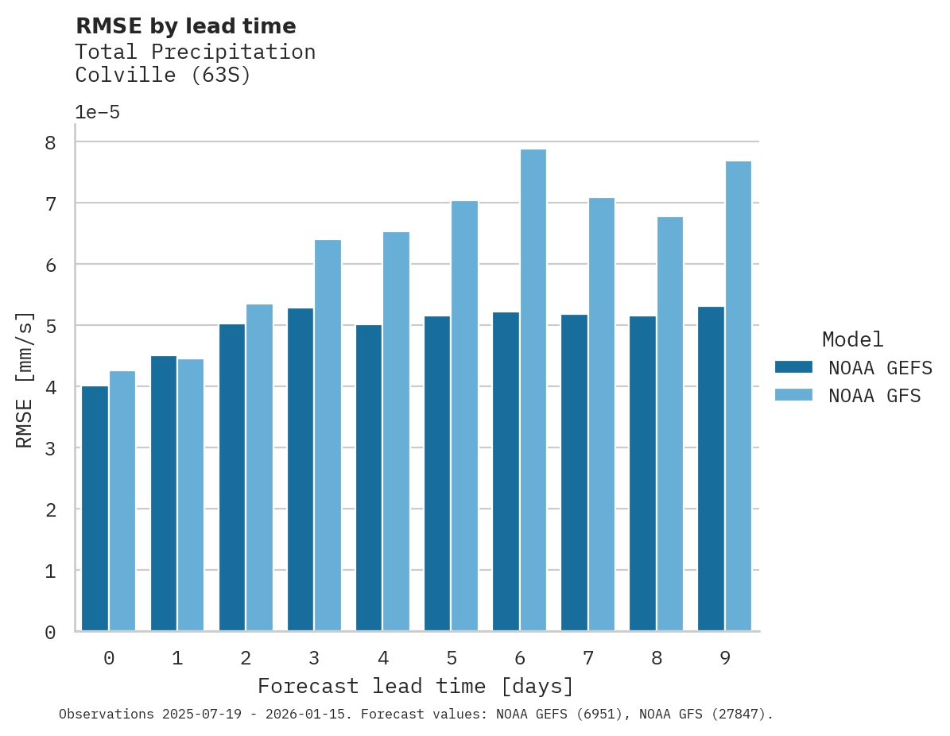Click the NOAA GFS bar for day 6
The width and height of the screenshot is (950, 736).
tap(533, 390)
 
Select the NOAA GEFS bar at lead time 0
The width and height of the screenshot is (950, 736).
tap(95, 509)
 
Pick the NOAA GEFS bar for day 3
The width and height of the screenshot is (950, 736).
tap(301, 470)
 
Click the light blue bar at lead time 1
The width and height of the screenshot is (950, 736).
tap(191, 495)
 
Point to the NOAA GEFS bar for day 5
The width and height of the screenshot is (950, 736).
tap(437, 474)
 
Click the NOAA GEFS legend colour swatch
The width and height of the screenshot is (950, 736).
tap(793, 366)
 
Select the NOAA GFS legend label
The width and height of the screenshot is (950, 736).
tap(874, 396)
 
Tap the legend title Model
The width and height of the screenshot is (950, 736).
tap(852, 339)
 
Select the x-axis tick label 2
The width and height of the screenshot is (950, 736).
tap(246, 658)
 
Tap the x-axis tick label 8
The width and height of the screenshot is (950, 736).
tap(656, 658)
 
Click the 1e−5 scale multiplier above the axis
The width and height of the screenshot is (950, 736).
tap(97, 112)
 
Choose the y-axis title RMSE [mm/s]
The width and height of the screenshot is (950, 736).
tap(25, 380)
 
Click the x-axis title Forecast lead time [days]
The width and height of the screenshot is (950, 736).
tap(415, 686)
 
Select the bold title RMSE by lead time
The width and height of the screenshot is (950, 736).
tap(185, 26)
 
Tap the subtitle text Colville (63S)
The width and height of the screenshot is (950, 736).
tap(163, 76)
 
